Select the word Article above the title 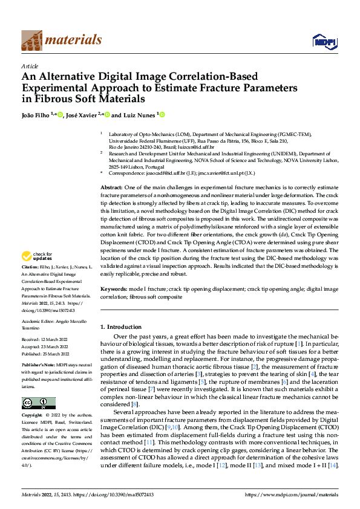point(30,66)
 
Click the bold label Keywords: point(113,290)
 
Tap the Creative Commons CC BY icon point(38,403)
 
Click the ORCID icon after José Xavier point(106,114)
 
